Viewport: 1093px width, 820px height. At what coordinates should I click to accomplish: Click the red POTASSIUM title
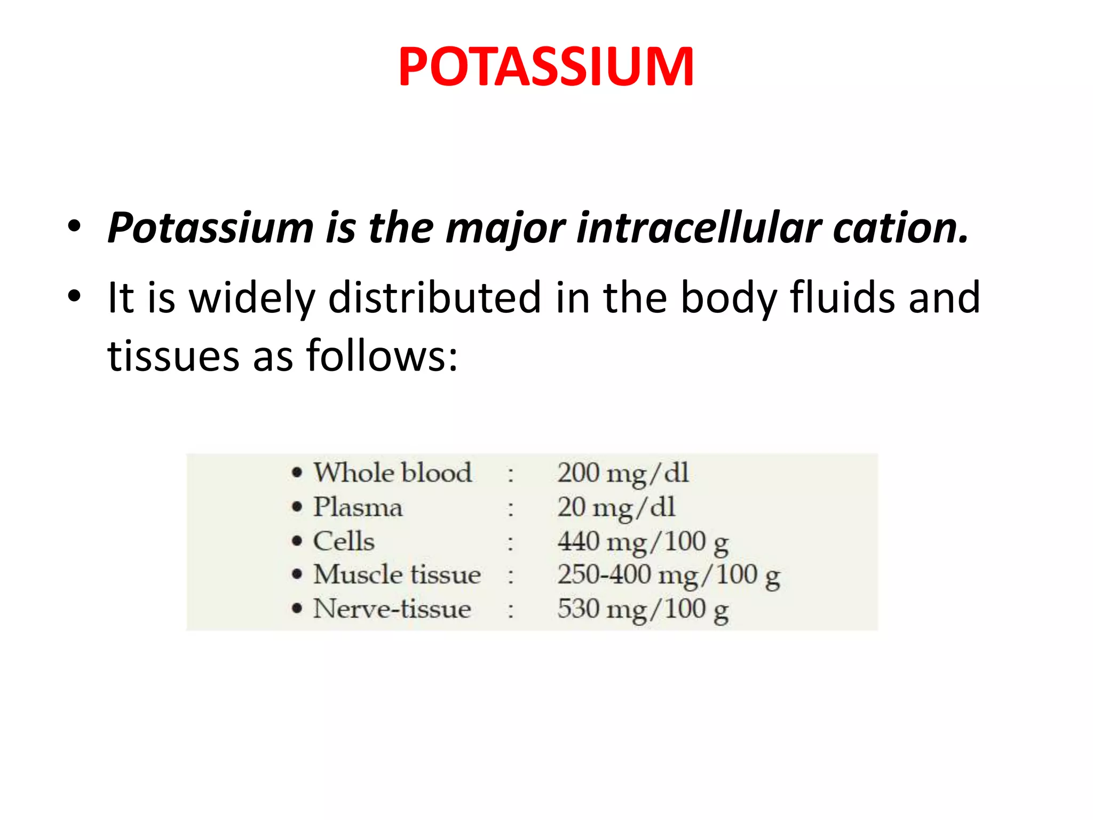click(x=545, y=67)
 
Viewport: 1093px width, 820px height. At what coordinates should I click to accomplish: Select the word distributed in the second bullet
click(x=435, y=297)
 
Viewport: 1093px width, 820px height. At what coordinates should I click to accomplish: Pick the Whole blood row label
click(x=392, y=473)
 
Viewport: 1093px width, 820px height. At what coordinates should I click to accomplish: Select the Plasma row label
click(x=358, y=507)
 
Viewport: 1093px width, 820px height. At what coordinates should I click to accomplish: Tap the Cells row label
click(x=344, y=541)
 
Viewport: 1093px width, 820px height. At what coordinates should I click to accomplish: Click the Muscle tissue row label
click(x=397, y=575)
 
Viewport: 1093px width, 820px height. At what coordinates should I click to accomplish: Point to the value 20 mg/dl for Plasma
click(x=616, y=508)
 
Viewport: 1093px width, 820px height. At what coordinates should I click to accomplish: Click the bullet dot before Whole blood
click(x=297, y=473)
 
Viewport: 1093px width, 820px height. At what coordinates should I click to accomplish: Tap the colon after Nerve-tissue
click(x=511, y=610)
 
